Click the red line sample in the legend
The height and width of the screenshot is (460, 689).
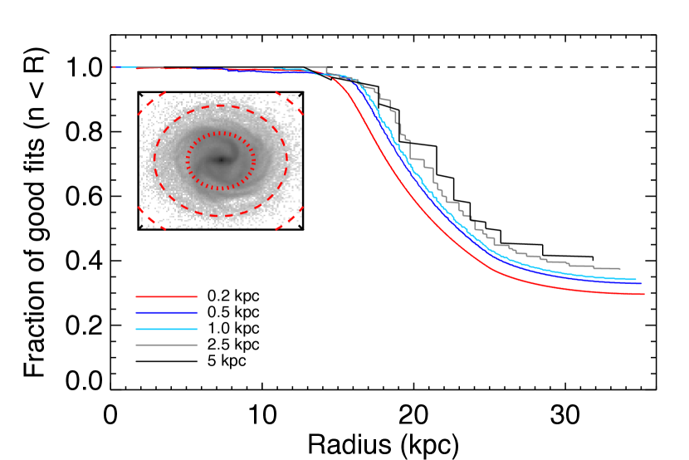tap(166, 296)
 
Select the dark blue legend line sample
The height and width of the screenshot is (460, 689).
tap(166, 313)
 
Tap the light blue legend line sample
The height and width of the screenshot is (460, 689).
tap(166, 330)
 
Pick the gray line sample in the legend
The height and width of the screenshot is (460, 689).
tap(166, 345)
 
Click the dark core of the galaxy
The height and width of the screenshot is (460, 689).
tap(221, 159)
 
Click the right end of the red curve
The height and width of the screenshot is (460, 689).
tap(643, 294)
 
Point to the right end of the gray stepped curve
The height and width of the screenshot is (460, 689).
tap(619, 269)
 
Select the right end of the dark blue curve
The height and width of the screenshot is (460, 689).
tap(640, 283)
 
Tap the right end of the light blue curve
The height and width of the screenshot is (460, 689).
tap(635, 279)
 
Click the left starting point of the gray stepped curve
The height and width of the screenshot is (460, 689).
tap(306, 67)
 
